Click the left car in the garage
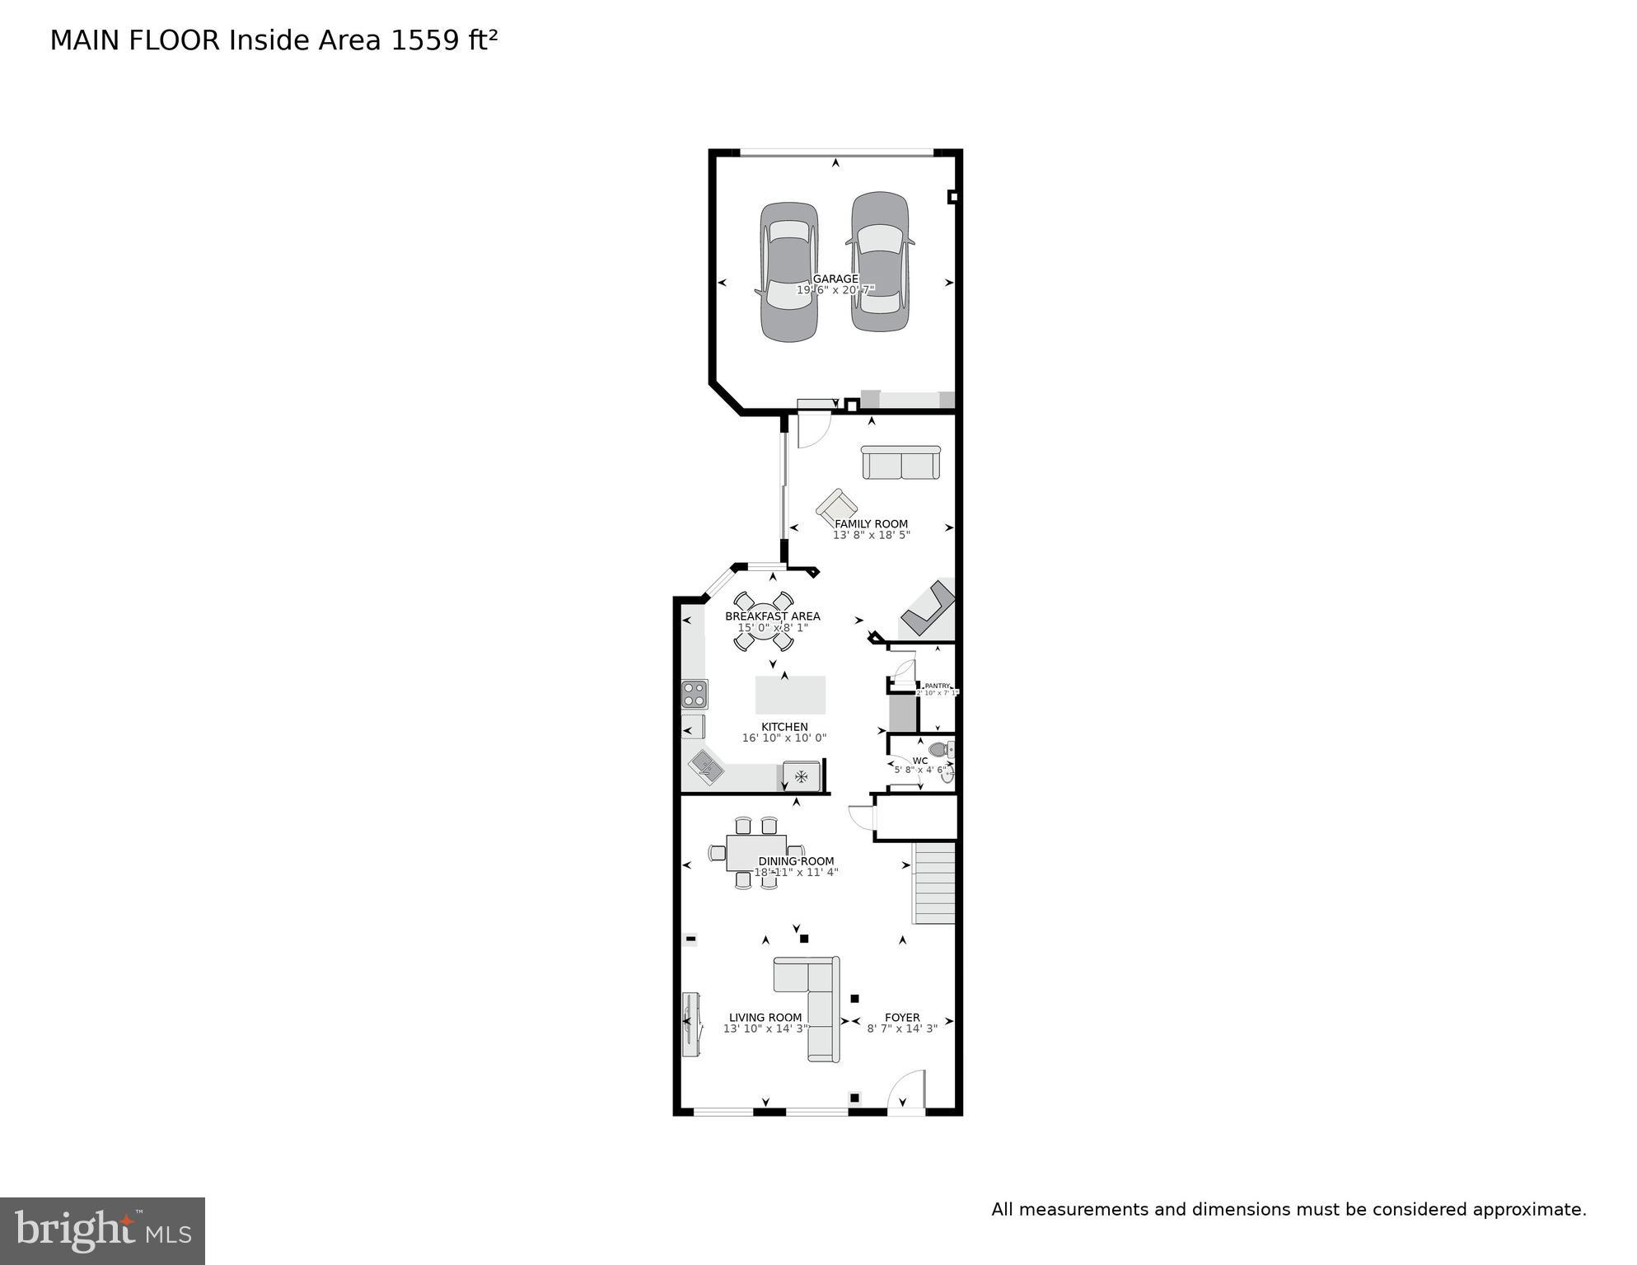click(789, 272)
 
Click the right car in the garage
click(880, 262)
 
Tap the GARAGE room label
click(835, 279)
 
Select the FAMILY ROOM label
click(871, 523)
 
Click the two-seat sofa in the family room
click(900, 462)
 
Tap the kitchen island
click(790, 695)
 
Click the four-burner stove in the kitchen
click(695, 694)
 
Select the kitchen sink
click(706, 767)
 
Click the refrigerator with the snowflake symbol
click(801, 775)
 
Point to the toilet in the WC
click(940, 750)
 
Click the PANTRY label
click(938, 686)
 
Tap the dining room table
click(755, 853)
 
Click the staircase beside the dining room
click(934, 882)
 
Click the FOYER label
click(902, 1017)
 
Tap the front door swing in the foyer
click(906, 1090)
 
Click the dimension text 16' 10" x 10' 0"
click(784, 738)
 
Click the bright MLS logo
click(102, 1231)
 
